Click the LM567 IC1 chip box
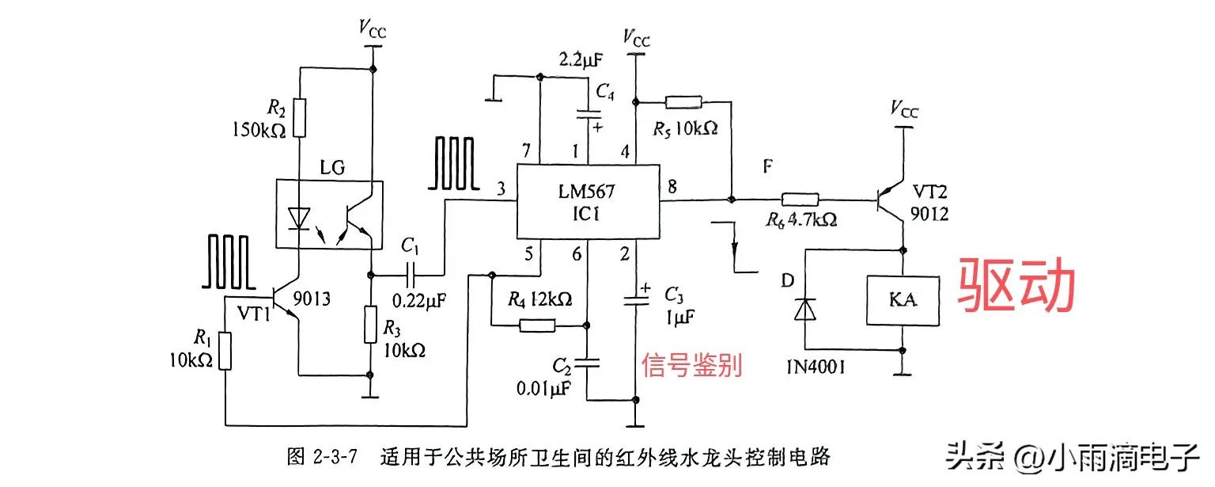(x=589, y=202)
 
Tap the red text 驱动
(x=1018, y=287)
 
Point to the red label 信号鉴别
(x=691, y=365)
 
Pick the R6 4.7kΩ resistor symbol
(x=801, y=201)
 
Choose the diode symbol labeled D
(x=804, y=309)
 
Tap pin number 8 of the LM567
(x=672, y=188)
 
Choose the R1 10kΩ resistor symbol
(x=225, y=352)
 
